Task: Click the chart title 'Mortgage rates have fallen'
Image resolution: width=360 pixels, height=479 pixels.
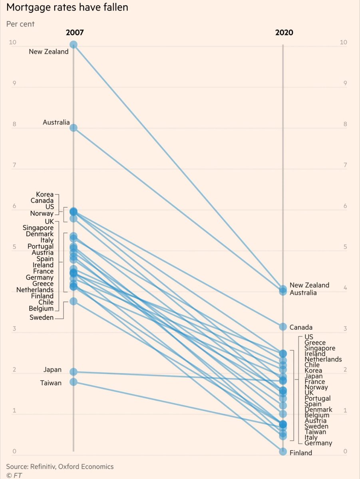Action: (x=67, y=7)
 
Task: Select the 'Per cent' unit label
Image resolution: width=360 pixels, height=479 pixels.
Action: (x=20, y=24)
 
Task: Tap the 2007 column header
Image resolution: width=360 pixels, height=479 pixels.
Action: (x=75, y=33)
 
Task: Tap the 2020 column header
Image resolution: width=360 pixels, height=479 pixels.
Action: (x=284, y=33)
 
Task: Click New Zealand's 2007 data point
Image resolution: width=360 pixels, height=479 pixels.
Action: (x=74, y=44)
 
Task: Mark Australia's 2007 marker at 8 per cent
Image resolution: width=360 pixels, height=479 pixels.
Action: (x=74, y=128)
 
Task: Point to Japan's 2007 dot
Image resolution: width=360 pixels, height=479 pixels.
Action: (x=74, y=372)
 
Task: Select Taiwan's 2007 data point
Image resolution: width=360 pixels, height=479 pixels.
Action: (x=74, y=382)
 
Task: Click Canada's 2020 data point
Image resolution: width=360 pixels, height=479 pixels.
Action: (x=283, y=327)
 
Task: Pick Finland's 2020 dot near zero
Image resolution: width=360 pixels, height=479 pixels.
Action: (x=283, y=451)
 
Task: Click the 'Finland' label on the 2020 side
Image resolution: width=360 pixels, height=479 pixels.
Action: (x=301, y=453)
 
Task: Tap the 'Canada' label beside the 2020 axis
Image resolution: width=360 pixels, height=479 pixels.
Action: (x=301, y=327)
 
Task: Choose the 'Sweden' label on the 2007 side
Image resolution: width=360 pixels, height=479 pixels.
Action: (x=42, y=317)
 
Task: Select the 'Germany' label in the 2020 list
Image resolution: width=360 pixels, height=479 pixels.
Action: (x=318, y=443)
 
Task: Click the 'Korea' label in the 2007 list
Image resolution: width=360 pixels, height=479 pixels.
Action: (x=45, y=194)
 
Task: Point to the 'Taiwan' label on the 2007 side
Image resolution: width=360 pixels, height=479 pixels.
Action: (x=51, y=383)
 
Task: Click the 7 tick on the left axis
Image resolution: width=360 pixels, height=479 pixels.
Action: (x=14, y=165)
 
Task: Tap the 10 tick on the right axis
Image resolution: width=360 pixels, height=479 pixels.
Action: (x=343, y=43)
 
